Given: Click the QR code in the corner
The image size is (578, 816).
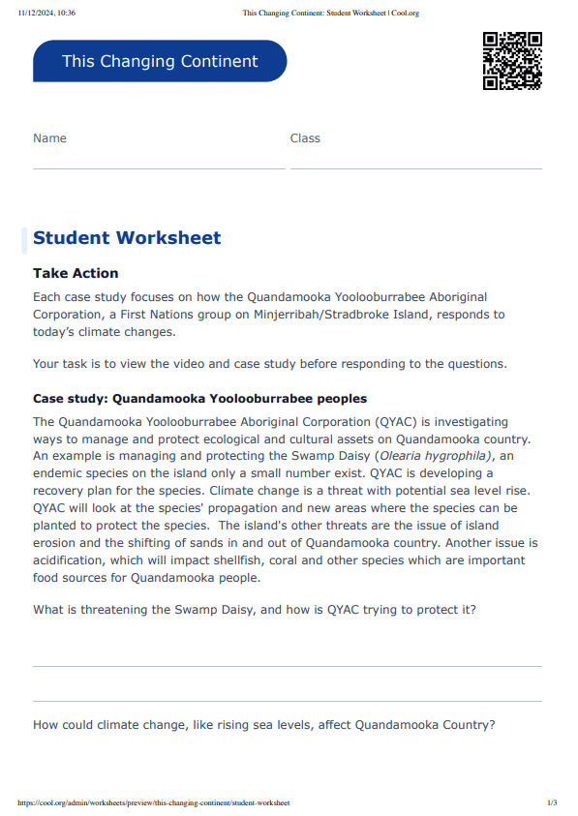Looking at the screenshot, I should tap(511, 60).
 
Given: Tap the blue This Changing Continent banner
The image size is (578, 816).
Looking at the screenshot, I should tap(160, 61).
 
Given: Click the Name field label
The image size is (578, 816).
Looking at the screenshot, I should tap(49, 138).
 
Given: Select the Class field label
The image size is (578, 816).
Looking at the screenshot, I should tap(305, 138).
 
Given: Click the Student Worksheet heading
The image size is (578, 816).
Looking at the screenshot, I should tap(127, 238).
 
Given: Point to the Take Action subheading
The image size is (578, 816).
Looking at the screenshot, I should tap(76, 274).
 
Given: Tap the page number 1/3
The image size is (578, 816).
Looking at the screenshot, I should tap(552, 802).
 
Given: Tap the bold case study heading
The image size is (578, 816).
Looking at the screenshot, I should tap(199, 399).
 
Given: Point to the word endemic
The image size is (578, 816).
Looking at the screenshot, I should tap(60, 473).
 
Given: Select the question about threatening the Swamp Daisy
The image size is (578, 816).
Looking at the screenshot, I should tap(254, 610).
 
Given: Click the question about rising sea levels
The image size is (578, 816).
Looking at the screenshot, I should tap(263, 724).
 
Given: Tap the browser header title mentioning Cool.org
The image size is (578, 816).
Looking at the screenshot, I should tap(330, 14).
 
